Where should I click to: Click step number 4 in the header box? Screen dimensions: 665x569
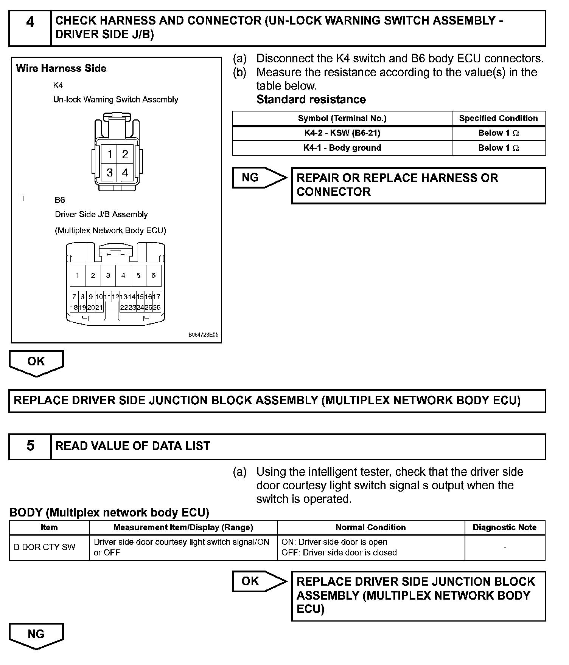click(x=30, y=23)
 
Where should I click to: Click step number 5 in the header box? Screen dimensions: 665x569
click(x=30, y=446)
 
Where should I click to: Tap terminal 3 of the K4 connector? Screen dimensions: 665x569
click(x=109, y=173)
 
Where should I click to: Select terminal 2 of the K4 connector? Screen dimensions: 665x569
click(x=125, y=154)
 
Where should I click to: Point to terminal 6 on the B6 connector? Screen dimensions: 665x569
click(x=153, y=275)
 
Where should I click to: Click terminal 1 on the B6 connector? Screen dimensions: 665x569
click(x=78, y=275)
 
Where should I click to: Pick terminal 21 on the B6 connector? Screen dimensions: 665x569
click(x=99, y=308)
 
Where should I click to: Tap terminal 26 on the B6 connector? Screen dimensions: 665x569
click(x=157, y=308)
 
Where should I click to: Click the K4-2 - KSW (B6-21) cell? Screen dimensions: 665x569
click(x=342, y=133)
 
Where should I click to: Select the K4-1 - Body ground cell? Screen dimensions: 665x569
click(x=342, y=148)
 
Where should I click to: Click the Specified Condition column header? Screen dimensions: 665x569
click(x=498, y=118)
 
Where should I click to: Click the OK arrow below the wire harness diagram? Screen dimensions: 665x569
click(x=36, y=362)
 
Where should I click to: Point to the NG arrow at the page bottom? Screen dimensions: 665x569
click(x=36, y=635)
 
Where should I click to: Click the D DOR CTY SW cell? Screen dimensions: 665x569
click(x=45, y=547)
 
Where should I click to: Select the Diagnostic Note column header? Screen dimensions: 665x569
click(x=504, y=527)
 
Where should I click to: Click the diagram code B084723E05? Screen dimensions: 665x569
click(x=203, y=335)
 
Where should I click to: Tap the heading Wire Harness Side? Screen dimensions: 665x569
click(x=61, y=68)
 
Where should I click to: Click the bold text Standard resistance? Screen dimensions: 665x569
click(x=311, y=99)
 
